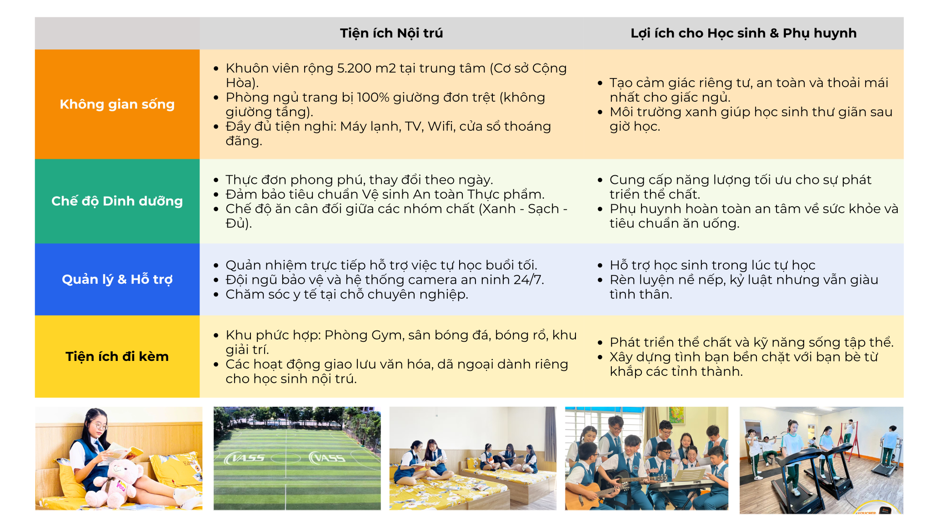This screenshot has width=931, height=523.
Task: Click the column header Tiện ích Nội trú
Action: click(391, 33)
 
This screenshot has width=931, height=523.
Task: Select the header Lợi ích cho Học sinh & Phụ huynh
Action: click(744, 33)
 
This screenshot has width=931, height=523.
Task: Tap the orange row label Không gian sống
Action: click(117, 104)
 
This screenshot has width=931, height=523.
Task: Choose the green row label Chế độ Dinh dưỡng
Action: click(117, 201)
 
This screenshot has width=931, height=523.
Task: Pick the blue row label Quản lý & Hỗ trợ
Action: click(117, 279)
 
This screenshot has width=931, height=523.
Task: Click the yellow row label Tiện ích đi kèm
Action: click(117, 356)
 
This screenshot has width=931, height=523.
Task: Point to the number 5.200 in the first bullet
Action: click(354, 68)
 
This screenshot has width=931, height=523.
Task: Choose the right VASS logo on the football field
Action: click(327, 458)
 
